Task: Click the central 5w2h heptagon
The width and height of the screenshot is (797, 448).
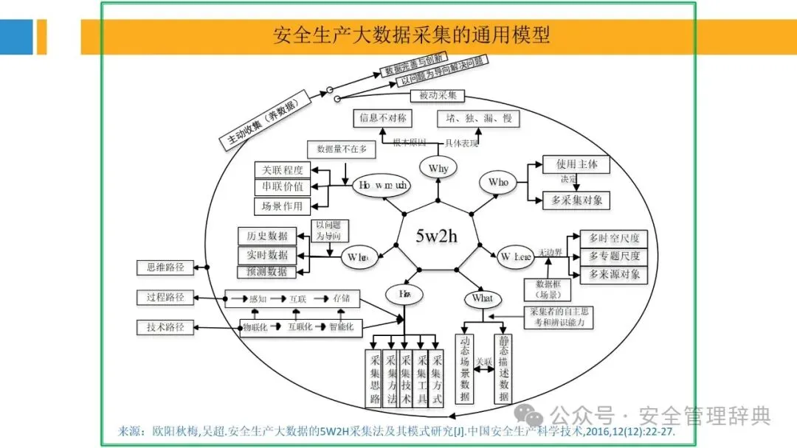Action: pyautogui.click(x=436, y=236)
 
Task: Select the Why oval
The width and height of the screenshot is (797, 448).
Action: pyautogui.click(x=438, y=168)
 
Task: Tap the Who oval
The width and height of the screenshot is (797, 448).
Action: pyautogui.click(x=498, y=182)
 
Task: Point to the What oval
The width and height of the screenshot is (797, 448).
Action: pyautogui.click(x=482, y=298)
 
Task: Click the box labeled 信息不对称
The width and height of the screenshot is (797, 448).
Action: pyautogui.click(x=382, y=118)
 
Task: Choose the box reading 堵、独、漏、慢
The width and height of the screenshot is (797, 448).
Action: pyautogui.click(x=477, y=118)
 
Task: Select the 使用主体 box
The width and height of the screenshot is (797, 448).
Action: pyautogui.click(x=576, y=164)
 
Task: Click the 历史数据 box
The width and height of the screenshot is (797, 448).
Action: pyautogui.click(x=267, y=236)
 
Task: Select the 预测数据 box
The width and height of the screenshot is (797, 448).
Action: pyautogui.click(x=266, y=272)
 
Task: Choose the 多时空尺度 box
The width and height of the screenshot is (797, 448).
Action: pyautogui.click(x=614, y=238)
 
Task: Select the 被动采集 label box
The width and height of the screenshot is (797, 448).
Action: pyautogui.click(x=438, y=96)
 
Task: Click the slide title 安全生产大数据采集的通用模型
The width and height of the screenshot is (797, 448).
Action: pyautogui.click(x=411, y=35)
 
